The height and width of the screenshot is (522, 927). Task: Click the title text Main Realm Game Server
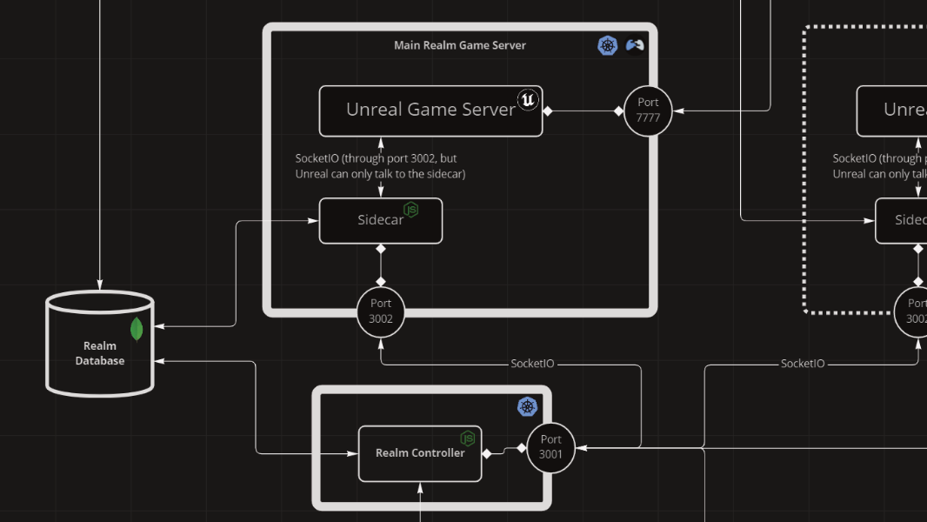[459, 45]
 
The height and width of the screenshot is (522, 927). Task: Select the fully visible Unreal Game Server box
[430, 110]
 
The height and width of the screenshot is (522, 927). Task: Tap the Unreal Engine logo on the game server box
[528, 100]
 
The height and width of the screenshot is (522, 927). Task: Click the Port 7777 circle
[648, 110]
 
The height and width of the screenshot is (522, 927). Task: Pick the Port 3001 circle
[550, 447]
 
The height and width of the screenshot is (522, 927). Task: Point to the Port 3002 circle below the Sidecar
[381, 311]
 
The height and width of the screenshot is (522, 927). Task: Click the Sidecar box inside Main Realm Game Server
[380, 221]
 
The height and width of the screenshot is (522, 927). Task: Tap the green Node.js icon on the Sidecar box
[410, 210]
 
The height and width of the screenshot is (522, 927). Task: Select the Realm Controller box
[419, 453]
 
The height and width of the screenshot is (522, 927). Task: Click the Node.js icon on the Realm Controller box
[468, 438]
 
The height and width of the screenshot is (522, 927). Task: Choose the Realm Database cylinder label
[99, 353]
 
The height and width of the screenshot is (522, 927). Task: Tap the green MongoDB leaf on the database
[137, 330]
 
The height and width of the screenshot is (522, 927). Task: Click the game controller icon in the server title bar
[636, 45]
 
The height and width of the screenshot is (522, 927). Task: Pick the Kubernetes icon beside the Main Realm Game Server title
[608, 45]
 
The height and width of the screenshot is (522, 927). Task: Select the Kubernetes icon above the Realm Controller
[528, 406]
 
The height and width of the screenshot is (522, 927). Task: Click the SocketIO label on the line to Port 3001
[532, 364]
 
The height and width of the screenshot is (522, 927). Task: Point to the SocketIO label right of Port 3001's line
[802, 364]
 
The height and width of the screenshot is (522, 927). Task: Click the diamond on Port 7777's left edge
[619, 110]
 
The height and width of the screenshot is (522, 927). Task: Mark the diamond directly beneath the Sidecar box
[380, 250]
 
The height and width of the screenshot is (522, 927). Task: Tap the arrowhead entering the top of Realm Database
[99, 284]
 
